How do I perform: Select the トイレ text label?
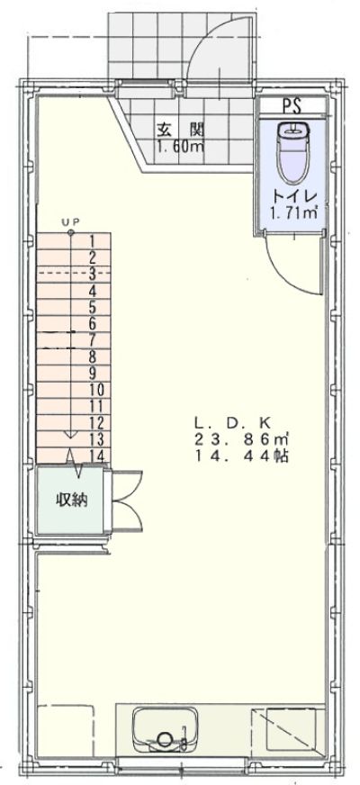[x=292, y=195]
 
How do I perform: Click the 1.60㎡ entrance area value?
[x=180, y=148]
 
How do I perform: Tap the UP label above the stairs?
[x=70, y=221]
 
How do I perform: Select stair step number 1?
[x=93, y=242]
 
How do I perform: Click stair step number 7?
[x=93, y=340]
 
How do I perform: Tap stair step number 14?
[x=97, y=456]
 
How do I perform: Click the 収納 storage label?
[x=72, y=500]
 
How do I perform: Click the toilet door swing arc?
[x=291, y=275]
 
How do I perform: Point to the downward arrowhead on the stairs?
[x=70, y=434]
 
